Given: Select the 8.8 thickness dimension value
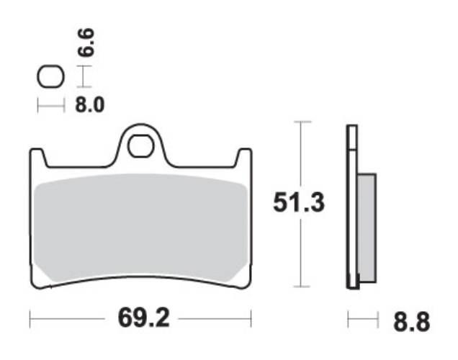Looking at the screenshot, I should [x=412, y=321].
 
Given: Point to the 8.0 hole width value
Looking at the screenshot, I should [x=90, y=106].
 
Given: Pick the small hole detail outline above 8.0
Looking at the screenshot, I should [x=50, y=76].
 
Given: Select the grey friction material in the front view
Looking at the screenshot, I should [x=140, y=227].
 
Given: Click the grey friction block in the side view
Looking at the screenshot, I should [x=367, y=227].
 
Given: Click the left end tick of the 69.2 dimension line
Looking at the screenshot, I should [x=30, y=318].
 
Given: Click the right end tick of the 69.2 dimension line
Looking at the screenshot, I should [x=251, y=318].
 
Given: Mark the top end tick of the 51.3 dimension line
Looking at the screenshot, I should [x=301, y=122].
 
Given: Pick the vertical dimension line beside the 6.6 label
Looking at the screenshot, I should [x=85, y=76].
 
